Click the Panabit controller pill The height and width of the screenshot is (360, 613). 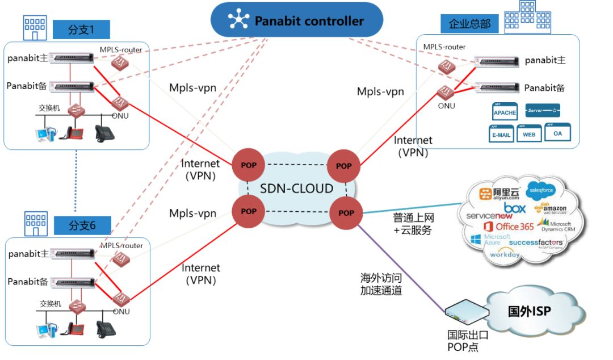[297, 22]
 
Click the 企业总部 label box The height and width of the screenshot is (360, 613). [469, 24]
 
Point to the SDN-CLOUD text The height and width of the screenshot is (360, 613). [296, 189]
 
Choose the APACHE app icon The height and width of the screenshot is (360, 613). [505, 112]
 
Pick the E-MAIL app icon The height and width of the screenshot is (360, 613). [502, 134]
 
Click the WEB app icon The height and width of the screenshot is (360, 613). [529, 134]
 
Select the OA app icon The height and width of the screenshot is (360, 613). [557, 133]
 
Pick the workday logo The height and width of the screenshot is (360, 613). [505, 254]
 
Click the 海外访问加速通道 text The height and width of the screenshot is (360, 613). [381, 284]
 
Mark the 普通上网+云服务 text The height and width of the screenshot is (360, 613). [413, 224]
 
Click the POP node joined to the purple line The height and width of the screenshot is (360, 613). [346, 212]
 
